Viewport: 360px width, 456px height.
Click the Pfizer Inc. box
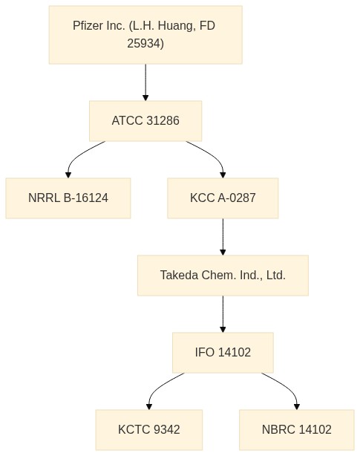pyautogui.click(x=145, y=35)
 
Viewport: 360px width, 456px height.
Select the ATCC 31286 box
pyautogui.click(x=145, y=121)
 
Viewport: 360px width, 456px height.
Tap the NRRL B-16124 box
pyautogui.click(x=68, y=198)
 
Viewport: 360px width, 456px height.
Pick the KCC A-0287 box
pyautogui.click(x=223, y=198)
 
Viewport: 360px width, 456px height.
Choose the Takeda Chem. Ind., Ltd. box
pyautogui.click(x=223, y=276)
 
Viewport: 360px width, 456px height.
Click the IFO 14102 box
pyautogui.click(x=223, y=353)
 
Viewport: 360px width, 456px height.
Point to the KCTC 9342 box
pyautogui.click(x=149, y=430)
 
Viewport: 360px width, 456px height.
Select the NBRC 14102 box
pyautogui.click(x=297, y=430)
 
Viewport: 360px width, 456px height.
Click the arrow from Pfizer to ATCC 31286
pyautogui.click(x=145, y=82)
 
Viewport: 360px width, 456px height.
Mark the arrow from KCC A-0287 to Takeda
pyautogui.click(x=223, y=237)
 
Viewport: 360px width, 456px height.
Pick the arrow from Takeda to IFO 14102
pyautogui.click(x=223, y=314)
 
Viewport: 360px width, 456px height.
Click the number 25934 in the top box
pyautogui.click(x=145, y=43)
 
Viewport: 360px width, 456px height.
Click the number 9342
pyautogui.click(x=166, y=429)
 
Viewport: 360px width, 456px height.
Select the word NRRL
pyautogui.click(x=44, y=198)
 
